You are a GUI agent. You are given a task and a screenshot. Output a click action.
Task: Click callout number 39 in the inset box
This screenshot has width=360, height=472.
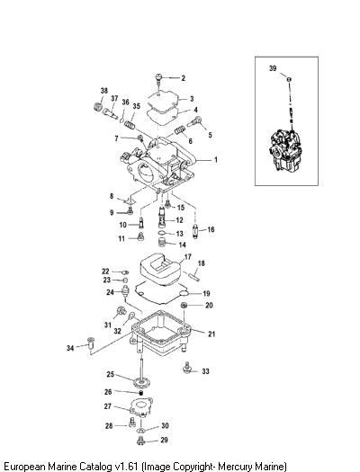(273, 68)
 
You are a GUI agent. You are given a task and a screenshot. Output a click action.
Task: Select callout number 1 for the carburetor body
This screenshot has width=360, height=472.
(216, 159)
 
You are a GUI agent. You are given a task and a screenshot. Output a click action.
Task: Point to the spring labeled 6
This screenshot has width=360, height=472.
(180, 129)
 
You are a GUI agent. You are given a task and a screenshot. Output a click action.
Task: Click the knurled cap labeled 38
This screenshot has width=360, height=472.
(97, 106)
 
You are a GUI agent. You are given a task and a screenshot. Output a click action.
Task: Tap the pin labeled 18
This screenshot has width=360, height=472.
(193, 275)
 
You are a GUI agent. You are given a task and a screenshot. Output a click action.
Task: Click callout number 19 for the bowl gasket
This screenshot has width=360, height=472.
(206, 293)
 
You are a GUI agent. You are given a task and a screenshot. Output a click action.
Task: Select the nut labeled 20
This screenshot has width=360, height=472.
(184, 306)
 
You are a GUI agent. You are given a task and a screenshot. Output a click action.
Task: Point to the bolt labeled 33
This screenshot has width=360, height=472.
(187, 368)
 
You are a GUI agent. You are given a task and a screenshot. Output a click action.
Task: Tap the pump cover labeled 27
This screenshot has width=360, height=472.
(140, 406)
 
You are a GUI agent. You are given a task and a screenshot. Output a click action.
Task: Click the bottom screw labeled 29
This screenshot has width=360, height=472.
(140, 441)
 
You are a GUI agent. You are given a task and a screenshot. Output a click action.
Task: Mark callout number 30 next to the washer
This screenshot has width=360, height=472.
(165, 425)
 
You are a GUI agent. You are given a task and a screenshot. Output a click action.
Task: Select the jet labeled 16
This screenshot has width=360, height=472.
(195, 231)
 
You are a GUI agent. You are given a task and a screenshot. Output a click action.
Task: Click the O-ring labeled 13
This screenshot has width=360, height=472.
(162, 233)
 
